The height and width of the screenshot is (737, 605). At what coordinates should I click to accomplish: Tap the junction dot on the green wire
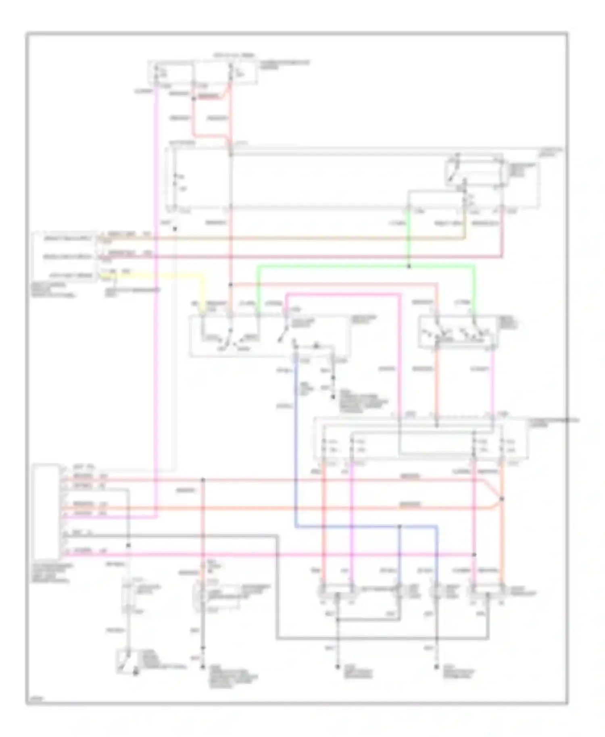pos(408,266)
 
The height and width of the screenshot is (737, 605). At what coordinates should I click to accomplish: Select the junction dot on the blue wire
pos(400,527)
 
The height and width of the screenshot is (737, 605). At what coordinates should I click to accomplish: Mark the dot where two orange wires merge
pos(501,499)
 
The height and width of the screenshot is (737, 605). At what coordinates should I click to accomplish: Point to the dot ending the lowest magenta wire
pos(474,555)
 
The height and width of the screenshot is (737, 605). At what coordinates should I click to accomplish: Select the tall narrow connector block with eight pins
pos(46,512)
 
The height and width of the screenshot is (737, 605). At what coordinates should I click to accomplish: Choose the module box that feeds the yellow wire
pos(65,256)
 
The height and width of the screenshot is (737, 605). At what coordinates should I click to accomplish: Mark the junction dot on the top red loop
pos(193,98)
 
